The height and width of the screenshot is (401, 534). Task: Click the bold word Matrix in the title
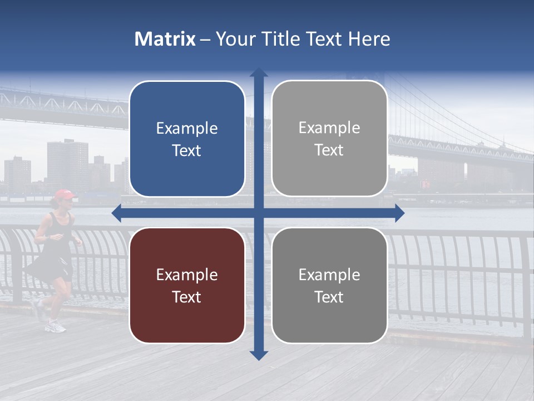(165, 39)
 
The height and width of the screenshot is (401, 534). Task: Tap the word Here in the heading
(369, 39)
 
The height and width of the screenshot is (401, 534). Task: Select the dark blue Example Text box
(187, 139)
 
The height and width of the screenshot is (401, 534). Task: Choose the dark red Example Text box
(187, 285)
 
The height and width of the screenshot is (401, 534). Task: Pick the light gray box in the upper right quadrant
(329, 139)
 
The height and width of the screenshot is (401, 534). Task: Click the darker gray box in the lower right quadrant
(329, 285)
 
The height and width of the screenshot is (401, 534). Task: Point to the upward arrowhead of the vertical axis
(259, 72)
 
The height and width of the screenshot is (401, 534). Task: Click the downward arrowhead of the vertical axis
(259, 355)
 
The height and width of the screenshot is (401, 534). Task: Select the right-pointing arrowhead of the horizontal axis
(399, 213)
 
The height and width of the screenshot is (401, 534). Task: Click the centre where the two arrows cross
(259, 213)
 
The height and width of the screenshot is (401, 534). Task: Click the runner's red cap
(63, 194)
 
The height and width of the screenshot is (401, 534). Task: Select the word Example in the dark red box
(187, 275)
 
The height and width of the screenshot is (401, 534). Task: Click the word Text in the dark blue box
(187, 150)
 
